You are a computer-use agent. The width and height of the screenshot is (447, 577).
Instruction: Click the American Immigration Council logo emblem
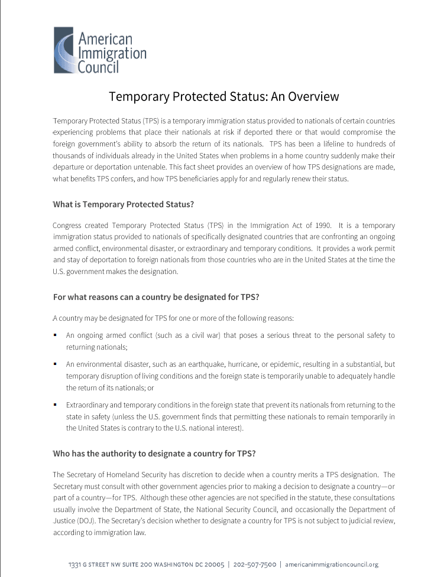63,50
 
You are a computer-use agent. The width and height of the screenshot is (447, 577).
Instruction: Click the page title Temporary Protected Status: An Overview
223,96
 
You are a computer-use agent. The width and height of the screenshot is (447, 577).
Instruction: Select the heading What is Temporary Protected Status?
123,204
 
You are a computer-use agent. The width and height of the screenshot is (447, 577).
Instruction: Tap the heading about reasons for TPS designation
156,297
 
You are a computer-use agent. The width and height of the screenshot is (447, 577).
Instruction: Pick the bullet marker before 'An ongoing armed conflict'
55,335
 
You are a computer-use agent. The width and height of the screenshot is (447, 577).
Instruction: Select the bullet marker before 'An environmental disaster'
55,364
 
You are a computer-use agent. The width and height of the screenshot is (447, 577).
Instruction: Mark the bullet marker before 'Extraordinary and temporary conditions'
55,405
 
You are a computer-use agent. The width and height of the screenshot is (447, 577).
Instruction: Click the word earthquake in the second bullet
199,364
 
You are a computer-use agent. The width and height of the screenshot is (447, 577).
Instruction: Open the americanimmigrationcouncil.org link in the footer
331,565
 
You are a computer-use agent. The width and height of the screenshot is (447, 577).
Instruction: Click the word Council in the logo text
99,67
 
